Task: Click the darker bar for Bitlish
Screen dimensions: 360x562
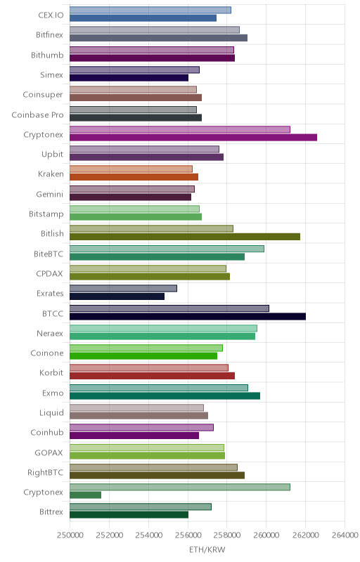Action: (185, 237)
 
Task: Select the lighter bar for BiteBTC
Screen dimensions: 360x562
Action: (167, 249)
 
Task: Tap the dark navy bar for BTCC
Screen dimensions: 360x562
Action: (188, 316)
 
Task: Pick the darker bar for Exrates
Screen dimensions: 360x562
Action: (117, 296)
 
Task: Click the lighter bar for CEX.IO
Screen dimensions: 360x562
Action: (150, 10)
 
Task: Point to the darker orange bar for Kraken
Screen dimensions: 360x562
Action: (134, 177)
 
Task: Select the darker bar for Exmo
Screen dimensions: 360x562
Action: (165, 396)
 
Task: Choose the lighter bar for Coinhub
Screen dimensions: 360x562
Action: (141, 428)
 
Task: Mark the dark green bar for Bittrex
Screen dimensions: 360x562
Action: (129, 515)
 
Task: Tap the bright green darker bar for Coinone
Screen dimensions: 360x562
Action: (143, 356)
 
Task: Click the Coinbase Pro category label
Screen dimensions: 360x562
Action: (38, 115)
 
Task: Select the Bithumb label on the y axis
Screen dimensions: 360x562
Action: (47, 55)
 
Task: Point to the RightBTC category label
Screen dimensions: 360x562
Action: (46, 472)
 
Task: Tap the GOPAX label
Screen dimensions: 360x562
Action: (49, 452)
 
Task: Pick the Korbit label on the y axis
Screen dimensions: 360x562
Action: (51, 373)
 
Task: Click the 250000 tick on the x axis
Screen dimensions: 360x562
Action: (70, 535)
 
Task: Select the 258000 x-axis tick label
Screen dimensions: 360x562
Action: (226, 535)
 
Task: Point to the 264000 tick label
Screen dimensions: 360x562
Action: (345, 535)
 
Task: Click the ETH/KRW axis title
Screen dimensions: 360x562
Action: (207, 550)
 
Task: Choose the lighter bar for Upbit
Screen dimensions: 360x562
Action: (144, 150)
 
